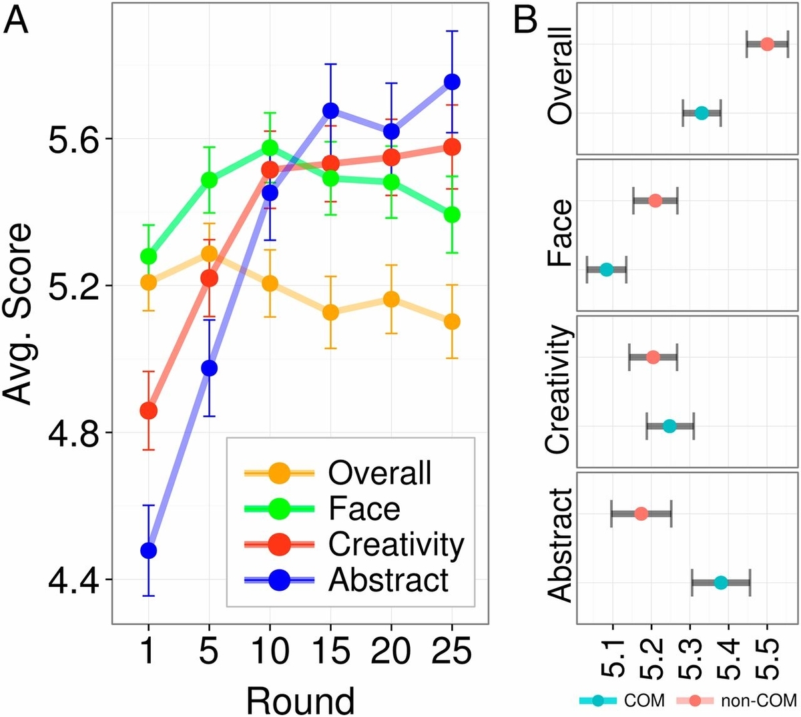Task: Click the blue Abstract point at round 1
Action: click(x=148, y=551)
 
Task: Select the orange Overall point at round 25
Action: click(x=452, y=321)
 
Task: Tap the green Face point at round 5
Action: click(x=209, y=180)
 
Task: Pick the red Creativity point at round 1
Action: click(x=148, y=410)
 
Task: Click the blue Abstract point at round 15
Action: click(x=330, y=110)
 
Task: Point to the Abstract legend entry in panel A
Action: click(x=388, y=579)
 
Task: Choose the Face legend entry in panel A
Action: click(x=364, y=509)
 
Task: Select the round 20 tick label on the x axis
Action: click(x=391, y=650)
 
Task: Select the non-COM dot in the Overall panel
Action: click(x=767, y=44)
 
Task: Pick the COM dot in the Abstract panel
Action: click(x=720, y=583)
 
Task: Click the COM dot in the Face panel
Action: click(x=606, y=270)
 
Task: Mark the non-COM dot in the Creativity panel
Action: click(x=653, y=357)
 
